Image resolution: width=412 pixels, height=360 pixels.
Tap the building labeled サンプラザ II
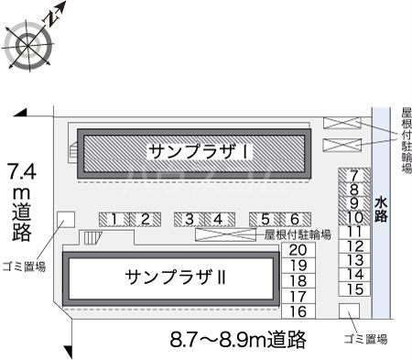pos(168,276)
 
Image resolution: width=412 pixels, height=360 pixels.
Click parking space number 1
pos(114,218)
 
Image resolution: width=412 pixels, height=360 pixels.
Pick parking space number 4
pos(218,218)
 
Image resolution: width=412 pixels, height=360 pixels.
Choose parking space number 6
pos(295,218)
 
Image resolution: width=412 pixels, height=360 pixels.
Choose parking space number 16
pos(297,311)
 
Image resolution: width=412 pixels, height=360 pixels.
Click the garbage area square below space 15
pos(348,311)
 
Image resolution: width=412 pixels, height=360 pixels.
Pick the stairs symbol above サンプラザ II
pos(93,238)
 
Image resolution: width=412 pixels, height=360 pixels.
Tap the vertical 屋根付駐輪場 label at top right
pos(404,142)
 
